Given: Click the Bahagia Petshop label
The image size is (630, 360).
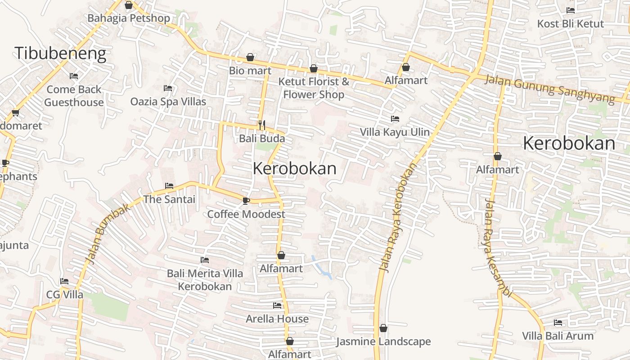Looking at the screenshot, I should pyautogui.click(x=129, y=18).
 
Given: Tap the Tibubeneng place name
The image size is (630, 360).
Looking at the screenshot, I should pyautogui.click(x=60, y=53).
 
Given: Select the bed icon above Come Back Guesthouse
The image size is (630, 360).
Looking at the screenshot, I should pyautogui.click(x=74, y=76).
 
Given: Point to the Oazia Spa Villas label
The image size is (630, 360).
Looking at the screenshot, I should pyautogui.click(x=168, y=102).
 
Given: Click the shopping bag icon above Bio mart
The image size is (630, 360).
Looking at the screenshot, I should pyautogui.click(x=250, y=58).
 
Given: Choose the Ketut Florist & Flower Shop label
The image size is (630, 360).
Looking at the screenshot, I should pyautogui.click(x=314, y=88).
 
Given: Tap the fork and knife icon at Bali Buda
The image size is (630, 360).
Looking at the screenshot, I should pyautogui.click(x=262, y=125).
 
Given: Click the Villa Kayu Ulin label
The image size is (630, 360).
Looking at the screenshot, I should pyautogui.click(x=395, y=132).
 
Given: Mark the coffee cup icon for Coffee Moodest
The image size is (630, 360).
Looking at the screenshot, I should pyautogui.click(x=246, y=201).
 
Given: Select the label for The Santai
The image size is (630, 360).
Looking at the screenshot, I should pyautogui.click(x=169, y=199).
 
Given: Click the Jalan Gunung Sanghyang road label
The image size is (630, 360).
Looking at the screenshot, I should pyautogui.click(x=549, y=89).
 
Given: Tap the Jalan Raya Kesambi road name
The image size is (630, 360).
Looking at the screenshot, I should pyautogui.click(x=498, y=248).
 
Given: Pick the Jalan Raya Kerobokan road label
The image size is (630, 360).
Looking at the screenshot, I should pyautogui.click(x=398, y=217).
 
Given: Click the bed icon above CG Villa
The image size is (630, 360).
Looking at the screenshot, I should pyautogui.click(x=64, y=281).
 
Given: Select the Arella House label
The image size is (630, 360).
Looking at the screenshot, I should pyautogui.click(x=277, y=319).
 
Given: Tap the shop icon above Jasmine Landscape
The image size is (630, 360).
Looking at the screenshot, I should pyautogui.click(x=383, y=328).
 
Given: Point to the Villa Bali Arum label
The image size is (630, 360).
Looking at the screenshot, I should pyautogui.click(x=558, y=336).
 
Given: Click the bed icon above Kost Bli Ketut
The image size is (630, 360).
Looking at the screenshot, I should pyautogui.click(x=571, y=10).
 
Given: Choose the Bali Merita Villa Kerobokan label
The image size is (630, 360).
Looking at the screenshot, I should pyautogui.click(x=205, y=280).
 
